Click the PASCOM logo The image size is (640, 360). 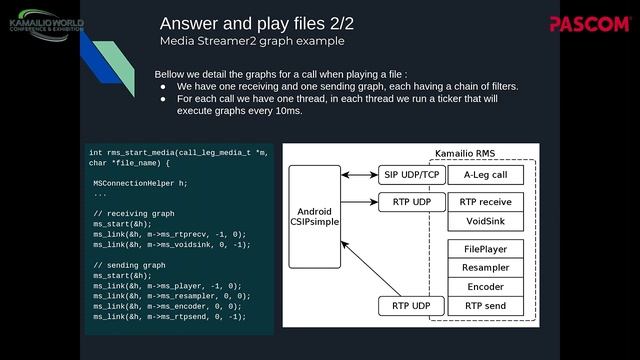[589, 23]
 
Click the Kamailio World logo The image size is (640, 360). [46, 22]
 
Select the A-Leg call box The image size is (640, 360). [486, 175]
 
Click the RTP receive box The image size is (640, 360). [486, 202]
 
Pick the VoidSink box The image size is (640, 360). [486, 221]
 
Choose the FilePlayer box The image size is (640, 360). [486, 248]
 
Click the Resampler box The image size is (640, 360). [486, 267]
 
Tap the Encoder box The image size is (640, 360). [486, 286]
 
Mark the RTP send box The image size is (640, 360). [486, 305]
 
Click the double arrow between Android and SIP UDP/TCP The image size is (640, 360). [359, 175]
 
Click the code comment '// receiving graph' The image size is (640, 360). [133, 214]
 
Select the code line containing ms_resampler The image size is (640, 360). [171, 296]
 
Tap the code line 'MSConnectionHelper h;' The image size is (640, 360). [140, 183]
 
